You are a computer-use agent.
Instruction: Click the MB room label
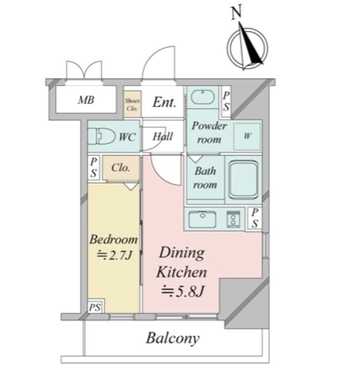pyautogui.click(x=86, y=100)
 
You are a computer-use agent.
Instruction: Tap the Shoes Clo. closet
pyautogui.click(x=132, y=104)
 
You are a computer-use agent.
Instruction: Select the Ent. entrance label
pyautogui.click(x=164, y=102)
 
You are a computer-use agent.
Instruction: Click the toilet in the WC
pyautogui.click(x=101, y=136)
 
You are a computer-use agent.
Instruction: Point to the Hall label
pyautogui.click(x=163, y=136)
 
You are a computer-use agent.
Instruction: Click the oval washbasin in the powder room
pyautogui.click(x=203, y=97)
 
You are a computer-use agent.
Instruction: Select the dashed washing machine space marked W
pyautogui.click(x=247, y=136)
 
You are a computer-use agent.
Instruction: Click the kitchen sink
pyautogui.click(x=202, y=219)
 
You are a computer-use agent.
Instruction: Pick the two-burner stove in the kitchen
pyautogui.click(x=233, y=219)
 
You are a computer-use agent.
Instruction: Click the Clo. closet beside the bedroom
pyautogui.click(x=121, y=168)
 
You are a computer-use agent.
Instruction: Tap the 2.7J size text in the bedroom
pyautogui.click(x=114, y=256)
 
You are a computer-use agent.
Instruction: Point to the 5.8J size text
pyautogui.click(x=182, y=291)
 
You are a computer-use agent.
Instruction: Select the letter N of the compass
pyautogui.click(x=236, y=12)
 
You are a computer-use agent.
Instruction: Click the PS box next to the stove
pyautogui.click(x=254, y=218)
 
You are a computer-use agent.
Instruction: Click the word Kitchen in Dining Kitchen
pyautogui.click(x=182, y=272)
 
